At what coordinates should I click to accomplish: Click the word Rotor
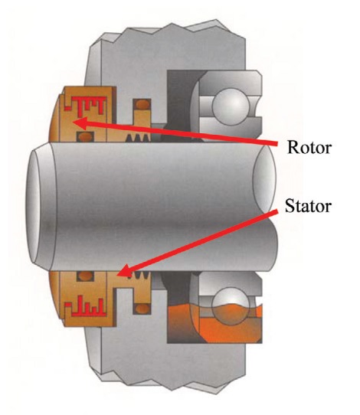tap(309, 147)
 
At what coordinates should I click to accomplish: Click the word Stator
tap(309, 206)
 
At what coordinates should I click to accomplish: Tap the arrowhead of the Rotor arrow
tap(80, 123)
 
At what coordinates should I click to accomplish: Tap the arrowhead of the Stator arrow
tap(124, 270)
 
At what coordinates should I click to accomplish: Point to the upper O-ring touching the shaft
tap(85, 137)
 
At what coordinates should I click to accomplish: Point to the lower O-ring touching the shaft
tap(85, 276)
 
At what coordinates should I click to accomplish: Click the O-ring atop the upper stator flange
tap(142, 104)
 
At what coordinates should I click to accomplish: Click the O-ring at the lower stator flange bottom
tap(142, 309)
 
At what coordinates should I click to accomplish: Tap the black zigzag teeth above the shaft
tap(137, 137)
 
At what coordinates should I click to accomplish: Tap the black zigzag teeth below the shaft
tap(139, 276)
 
